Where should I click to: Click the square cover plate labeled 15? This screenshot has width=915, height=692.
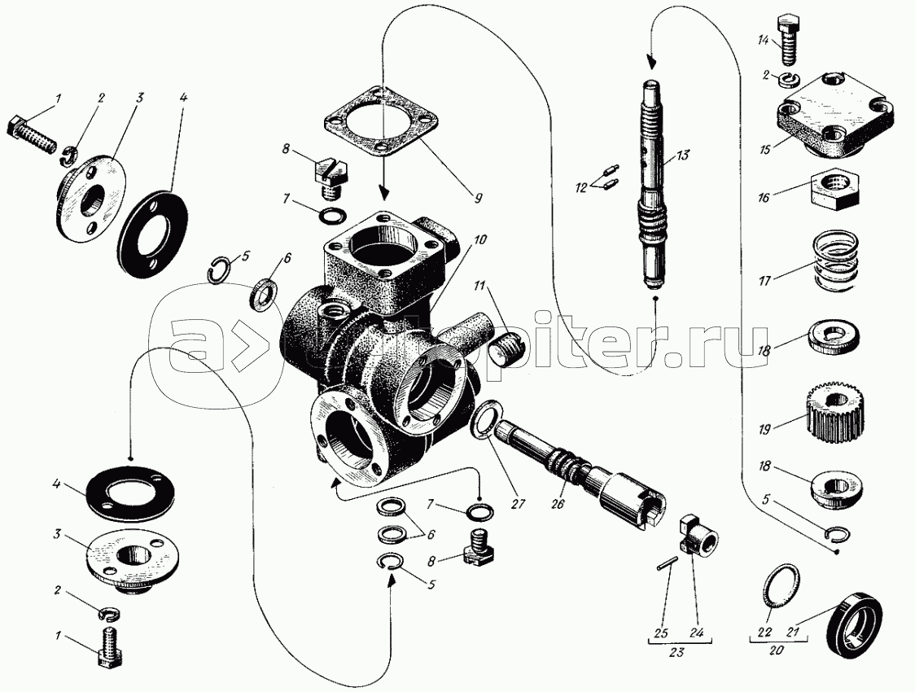click(834, 116)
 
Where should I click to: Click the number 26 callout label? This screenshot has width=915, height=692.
click(558, 503)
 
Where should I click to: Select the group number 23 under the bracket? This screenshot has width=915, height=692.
click(677, 652)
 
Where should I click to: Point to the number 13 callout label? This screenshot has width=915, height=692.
click(683, 155)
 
